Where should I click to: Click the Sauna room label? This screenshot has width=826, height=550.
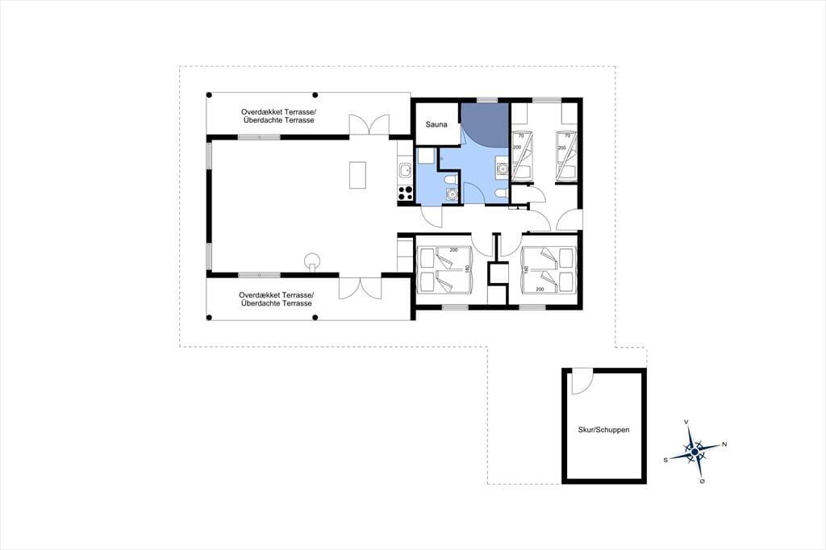(436, 124)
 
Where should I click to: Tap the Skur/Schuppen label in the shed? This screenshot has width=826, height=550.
(603, 429)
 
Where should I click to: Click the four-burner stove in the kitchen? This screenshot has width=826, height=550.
(405, 193)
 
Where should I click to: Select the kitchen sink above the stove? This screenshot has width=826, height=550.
(405, 171)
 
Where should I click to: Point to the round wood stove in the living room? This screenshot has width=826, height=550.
(312, 260)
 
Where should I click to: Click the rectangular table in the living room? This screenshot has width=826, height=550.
(357, 175)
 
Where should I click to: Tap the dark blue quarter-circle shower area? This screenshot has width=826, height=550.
(484, 124)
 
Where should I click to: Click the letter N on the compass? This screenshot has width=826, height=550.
(724, 444)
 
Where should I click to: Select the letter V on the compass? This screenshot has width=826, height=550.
(686, 422)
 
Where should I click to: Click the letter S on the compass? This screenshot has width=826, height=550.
(665, 460)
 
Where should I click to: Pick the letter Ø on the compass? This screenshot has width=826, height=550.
(703, 481)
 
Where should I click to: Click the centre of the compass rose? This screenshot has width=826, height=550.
(695, 452)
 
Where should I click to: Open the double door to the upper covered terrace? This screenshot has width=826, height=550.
(369, 125)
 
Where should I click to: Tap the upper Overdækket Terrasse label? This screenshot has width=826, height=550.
(278, 112)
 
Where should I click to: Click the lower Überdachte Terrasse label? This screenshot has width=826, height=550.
(276, 303)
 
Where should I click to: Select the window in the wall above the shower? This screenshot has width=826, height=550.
(487, 100)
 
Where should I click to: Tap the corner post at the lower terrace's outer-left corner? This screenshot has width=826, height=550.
(209, 318)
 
